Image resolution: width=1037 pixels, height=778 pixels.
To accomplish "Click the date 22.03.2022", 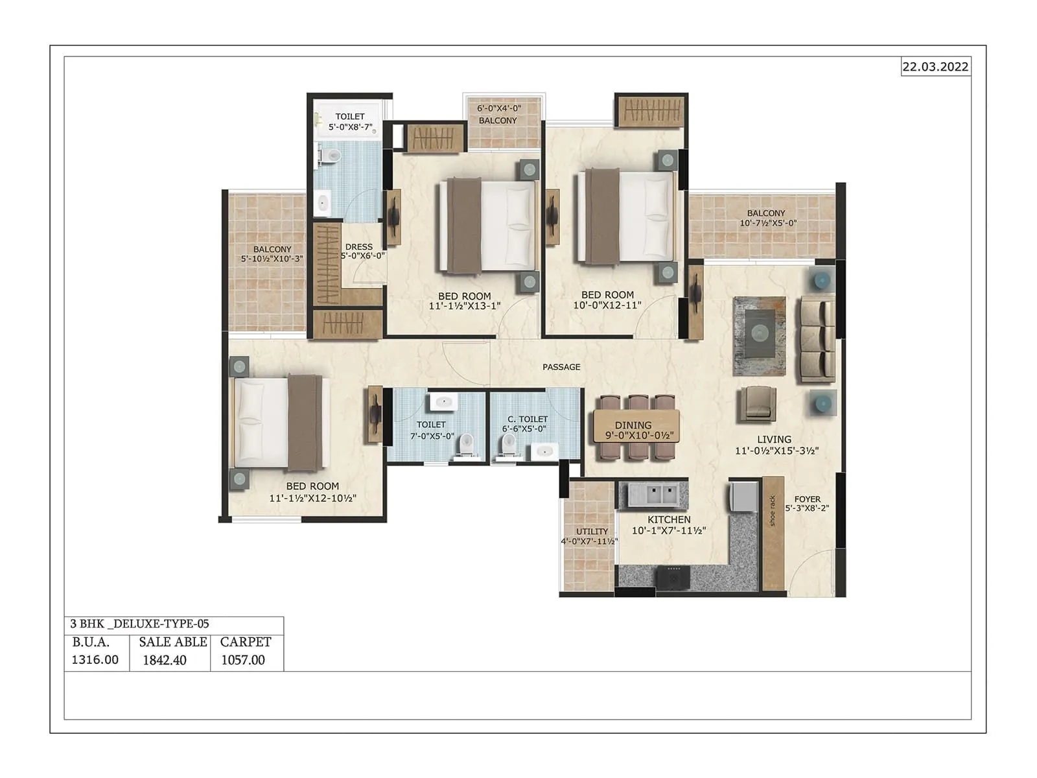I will [935, 67].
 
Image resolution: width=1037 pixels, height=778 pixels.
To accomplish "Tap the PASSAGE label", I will [561, 367].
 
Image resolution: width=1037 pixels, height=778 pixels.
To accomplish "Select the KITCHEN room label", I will [669, 519].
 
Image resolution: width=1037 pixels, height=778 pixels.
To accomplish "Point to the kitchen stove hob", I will [674, 575].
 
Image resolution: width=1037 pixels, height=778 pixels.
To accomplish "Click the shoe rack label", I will [772, 511].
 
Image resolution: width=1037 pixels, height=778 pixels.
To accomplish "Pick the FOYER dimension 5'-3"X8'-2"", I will [807, 509].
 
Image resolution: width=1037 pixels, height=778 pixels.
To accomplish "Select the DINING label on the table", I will [633, 425].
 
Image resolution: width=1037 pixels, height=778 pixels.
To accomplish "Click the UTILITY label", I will [592, 532].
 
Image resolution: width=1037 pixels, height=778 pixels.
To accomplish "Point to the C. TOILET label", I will [528, 419].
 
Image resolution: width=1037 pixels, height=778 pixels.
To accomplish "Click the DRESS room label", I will [359, 247].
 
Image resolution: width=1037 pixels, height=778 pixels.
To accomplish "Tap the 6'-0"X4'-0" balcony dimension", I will [499, 109].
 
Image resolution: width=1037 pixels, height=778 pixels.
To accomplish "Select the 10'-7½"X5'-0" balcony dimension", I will [768, 224].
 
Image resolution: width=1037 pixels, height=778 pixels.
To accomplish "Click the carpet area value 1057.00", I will [243, 660].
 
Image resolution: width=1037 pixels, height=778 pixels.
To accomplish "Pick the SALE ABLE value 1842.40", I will [165, 660].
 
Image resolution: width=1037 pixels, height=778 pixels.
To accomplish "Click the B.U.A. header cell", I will [91, 642].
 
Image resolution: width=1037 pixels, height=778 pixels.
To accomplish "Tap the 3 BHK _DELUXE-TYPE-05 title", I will [139, 624].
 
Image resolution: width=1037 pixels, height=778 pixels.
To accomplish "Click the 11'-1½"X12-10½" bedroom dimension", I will [312, 499].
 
